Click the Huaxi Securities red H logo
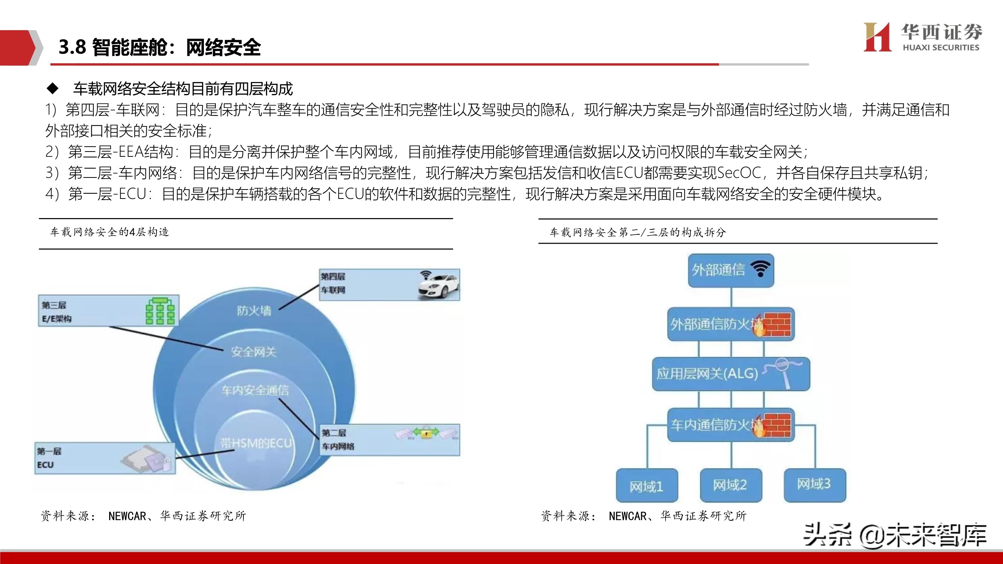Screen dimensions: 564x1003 [877, 37]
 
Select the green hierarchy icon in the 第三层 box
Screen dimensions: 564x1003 [160, 311]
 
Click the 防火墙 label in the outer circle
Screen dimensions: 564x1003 [254, 311]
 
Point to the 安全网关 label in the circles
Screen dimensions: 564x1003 [254, 352]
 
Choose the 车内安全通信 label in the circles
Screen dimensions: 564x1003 [255, 390]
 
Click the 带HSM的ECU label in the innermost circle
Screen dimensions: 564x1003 [256, 443]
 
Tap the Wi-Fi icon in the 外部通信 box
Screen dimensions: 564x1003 [760, 268]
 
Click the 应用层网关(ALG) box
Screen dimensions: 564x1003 [731, 374]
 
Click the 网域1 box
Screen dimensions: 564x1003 [646, 486]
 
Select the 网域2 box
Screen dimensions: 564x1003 [731, 485]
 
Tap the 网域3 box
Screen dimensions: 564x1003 [814, 484]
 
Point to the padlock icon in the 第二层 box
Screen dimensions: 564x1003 [426, 433]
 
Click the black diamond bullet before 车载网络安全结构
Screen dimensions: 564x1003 [53, 89]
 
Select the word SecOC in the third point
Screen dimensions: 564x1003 [739, 173]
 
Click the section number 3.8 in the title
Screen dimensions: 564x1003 [72, 47]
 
